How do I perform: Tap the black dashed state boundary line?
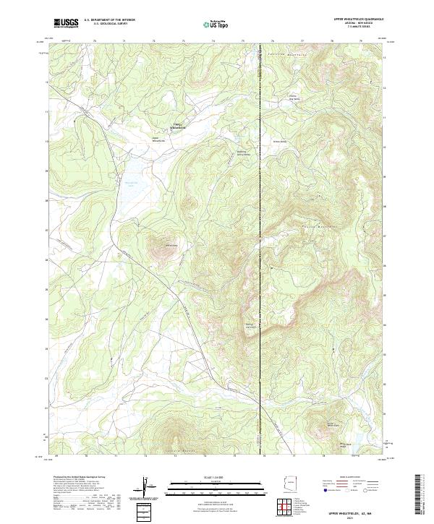[x=260, y=217]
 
